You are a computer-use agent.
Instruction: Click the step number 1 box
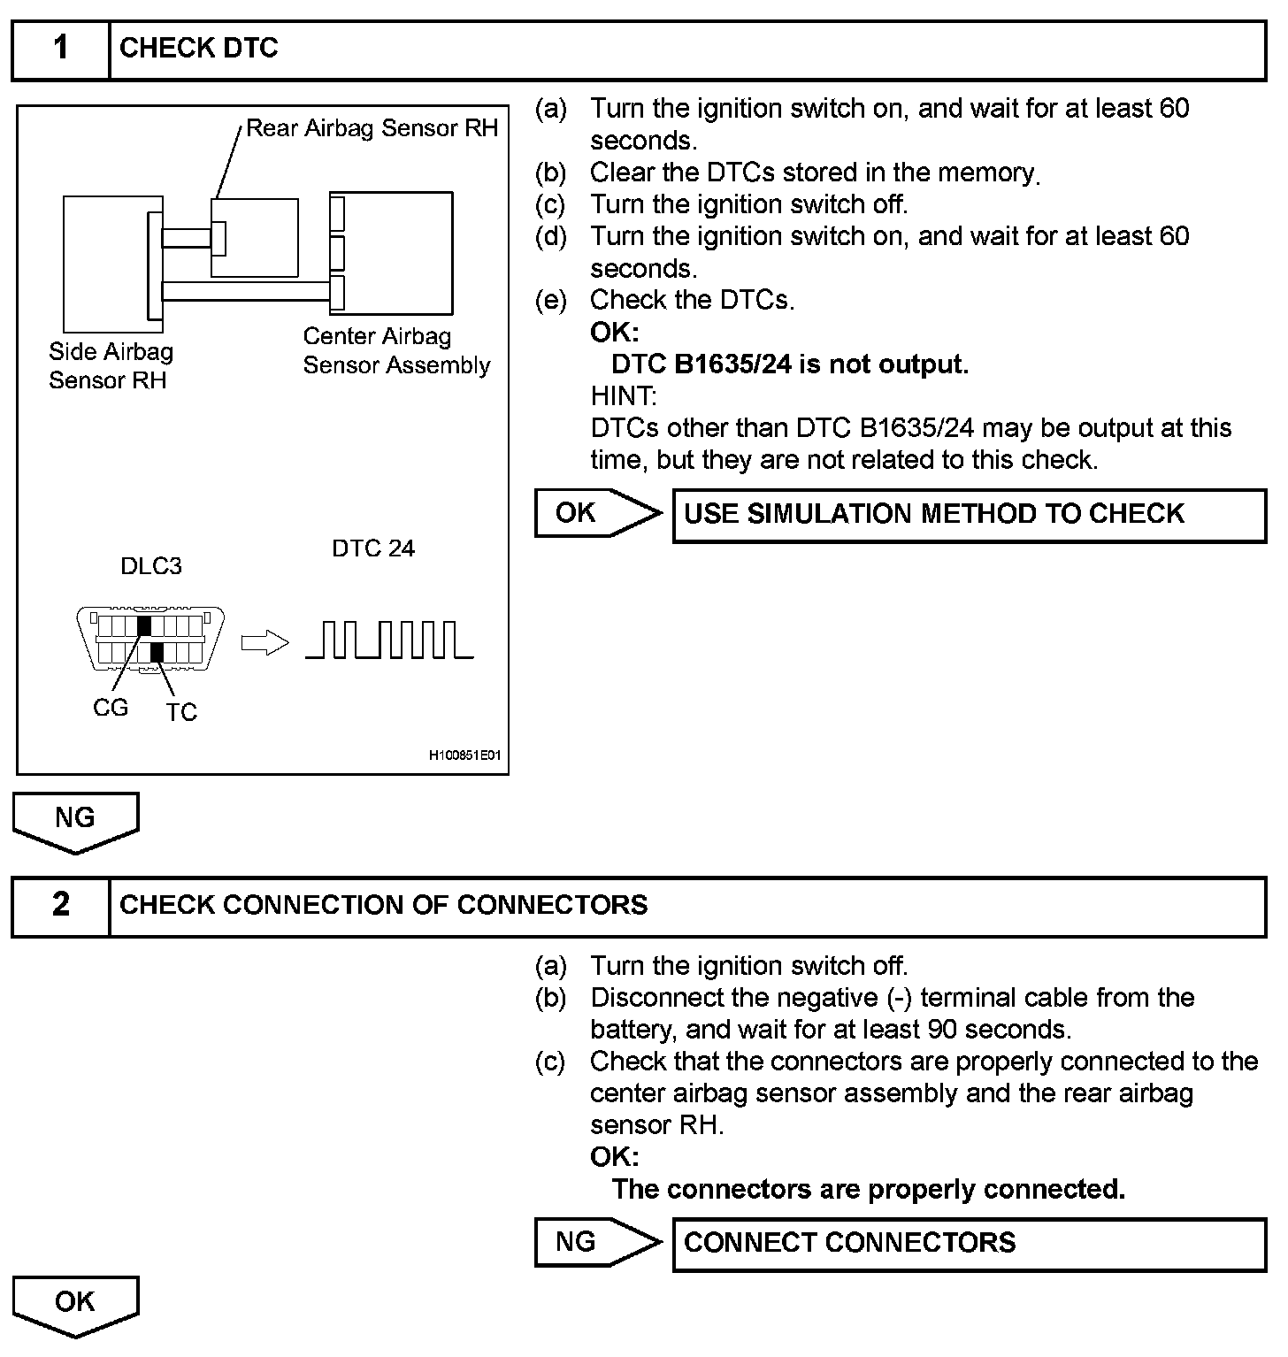pos(60,49)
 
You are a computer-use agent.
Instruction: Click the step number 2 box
pos(60,905)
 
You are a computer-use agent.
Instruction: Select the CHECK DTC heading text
pos(199,49)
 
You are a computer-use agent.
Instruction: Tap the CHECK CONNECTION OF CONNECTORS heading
pos(383,905)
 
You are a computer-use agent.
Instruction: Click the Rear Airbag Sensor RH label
pos(372,128)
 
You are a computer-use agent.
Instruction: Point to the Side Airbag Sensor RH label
pos(111,366)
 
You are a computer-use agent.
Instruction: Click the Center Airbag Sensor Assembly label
pos(396,351)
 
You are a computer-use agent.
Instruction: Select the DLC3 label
pos(151,566)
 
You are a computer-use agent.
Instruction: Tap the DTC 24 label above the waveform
pos(373,548)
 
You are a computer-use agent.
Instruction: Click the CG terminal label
pos(111,708)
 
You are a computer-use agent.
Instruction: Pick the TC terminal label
pos(181,712)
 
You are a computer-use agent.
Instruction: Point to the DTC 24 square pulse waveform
pos(389,640)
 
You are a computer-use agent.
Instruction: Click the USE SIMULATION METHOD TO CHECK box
pos(969,515)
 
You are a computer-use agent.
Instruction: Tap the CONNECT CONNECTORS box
pos(969,1244)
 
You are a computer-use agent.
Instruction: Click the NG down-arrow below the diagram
pos(75,821)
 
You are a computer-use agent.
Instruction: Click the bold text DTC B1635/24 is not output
pos(790,364)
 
